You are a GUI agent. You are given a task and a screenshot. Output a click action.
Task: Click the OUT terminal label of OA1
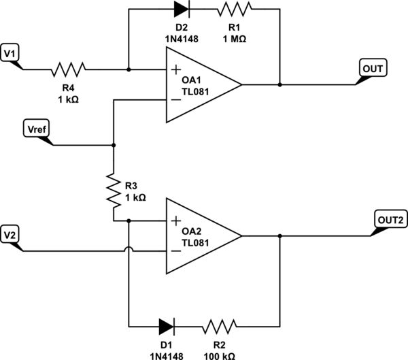coord(373,68)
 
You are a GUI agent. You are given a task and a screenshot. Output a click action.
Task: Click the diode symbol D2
coord(182,9)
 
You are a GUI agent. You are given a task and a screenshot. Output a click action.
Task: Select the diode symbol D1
coord(164,325)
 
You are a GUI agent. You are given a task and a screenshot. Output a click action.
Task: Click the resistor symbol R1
coord(235,9)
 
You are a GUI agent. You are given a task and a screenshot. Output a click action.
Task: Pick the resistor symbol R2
coord(220,325)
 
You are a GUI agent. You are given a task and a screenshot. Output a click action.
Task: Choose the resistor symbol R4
coord(68,69)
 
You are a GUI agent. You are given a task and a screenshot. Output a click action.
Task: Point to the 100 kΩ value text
coord(220,355)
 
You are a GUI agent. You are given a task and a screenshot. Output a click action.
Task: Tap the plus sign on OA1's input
coord(176,69)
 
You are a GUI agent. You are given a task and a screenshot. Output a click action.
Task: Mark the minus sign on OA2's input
coord(176,252)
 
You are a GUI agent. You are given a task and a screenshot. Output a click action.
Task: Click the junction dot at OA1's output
coord(279,85)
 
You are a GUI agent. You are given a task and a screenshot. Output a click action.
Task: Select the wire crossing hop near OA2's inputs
coord(128,251)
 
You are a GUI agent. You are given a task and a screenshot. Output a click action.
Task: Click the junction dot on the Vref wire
coord(113,146)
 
